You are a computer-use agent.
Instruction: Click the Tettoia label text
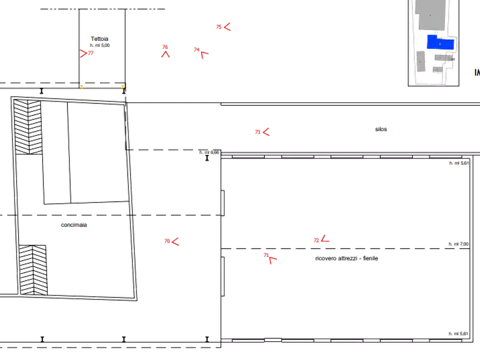pyautogui.click(x=100, y=39)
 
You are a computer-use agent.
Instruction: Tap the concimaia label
pyautogui.click(x=74, y=226)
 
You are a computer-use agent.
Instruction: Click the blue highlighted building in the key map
pyautogui.click(x=440, y=42)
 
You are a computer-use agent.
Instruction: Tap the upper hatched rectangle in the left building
pyautogui.click(x=28, y=126)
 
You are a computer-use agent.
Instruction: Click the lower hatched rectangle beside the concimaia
pyautogui.click(x=32, y=270)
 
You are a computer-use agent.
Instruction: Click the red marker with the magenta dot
pyautogui.click(x=200, y=52)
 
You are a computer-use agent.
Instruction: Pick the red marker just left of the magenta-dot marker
pyautogui.click(x=166, y=52)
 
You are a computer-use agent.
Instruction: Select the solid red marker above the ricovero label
pyautogui.click(x=323, y=240)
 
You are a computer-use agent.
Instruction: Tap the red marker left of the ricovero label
pyautogui.click(x=270, y=258)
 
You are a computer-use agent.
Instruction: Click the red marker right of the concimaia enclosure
pyautogui.click(x=172, y=241)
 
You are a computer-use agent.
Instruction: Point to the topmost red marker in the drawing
pyautogui.click(x=224, y=27)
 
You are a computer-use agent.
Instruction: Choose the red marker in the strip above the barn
pyautogui.click(x=262, y=131)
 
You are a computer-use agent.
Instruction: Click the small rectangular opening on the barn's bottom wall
pyautogui.click(x=273, y=339)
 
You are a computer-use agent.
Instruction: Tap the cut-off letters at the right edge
pyautogui.click(x=477, y=73)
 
